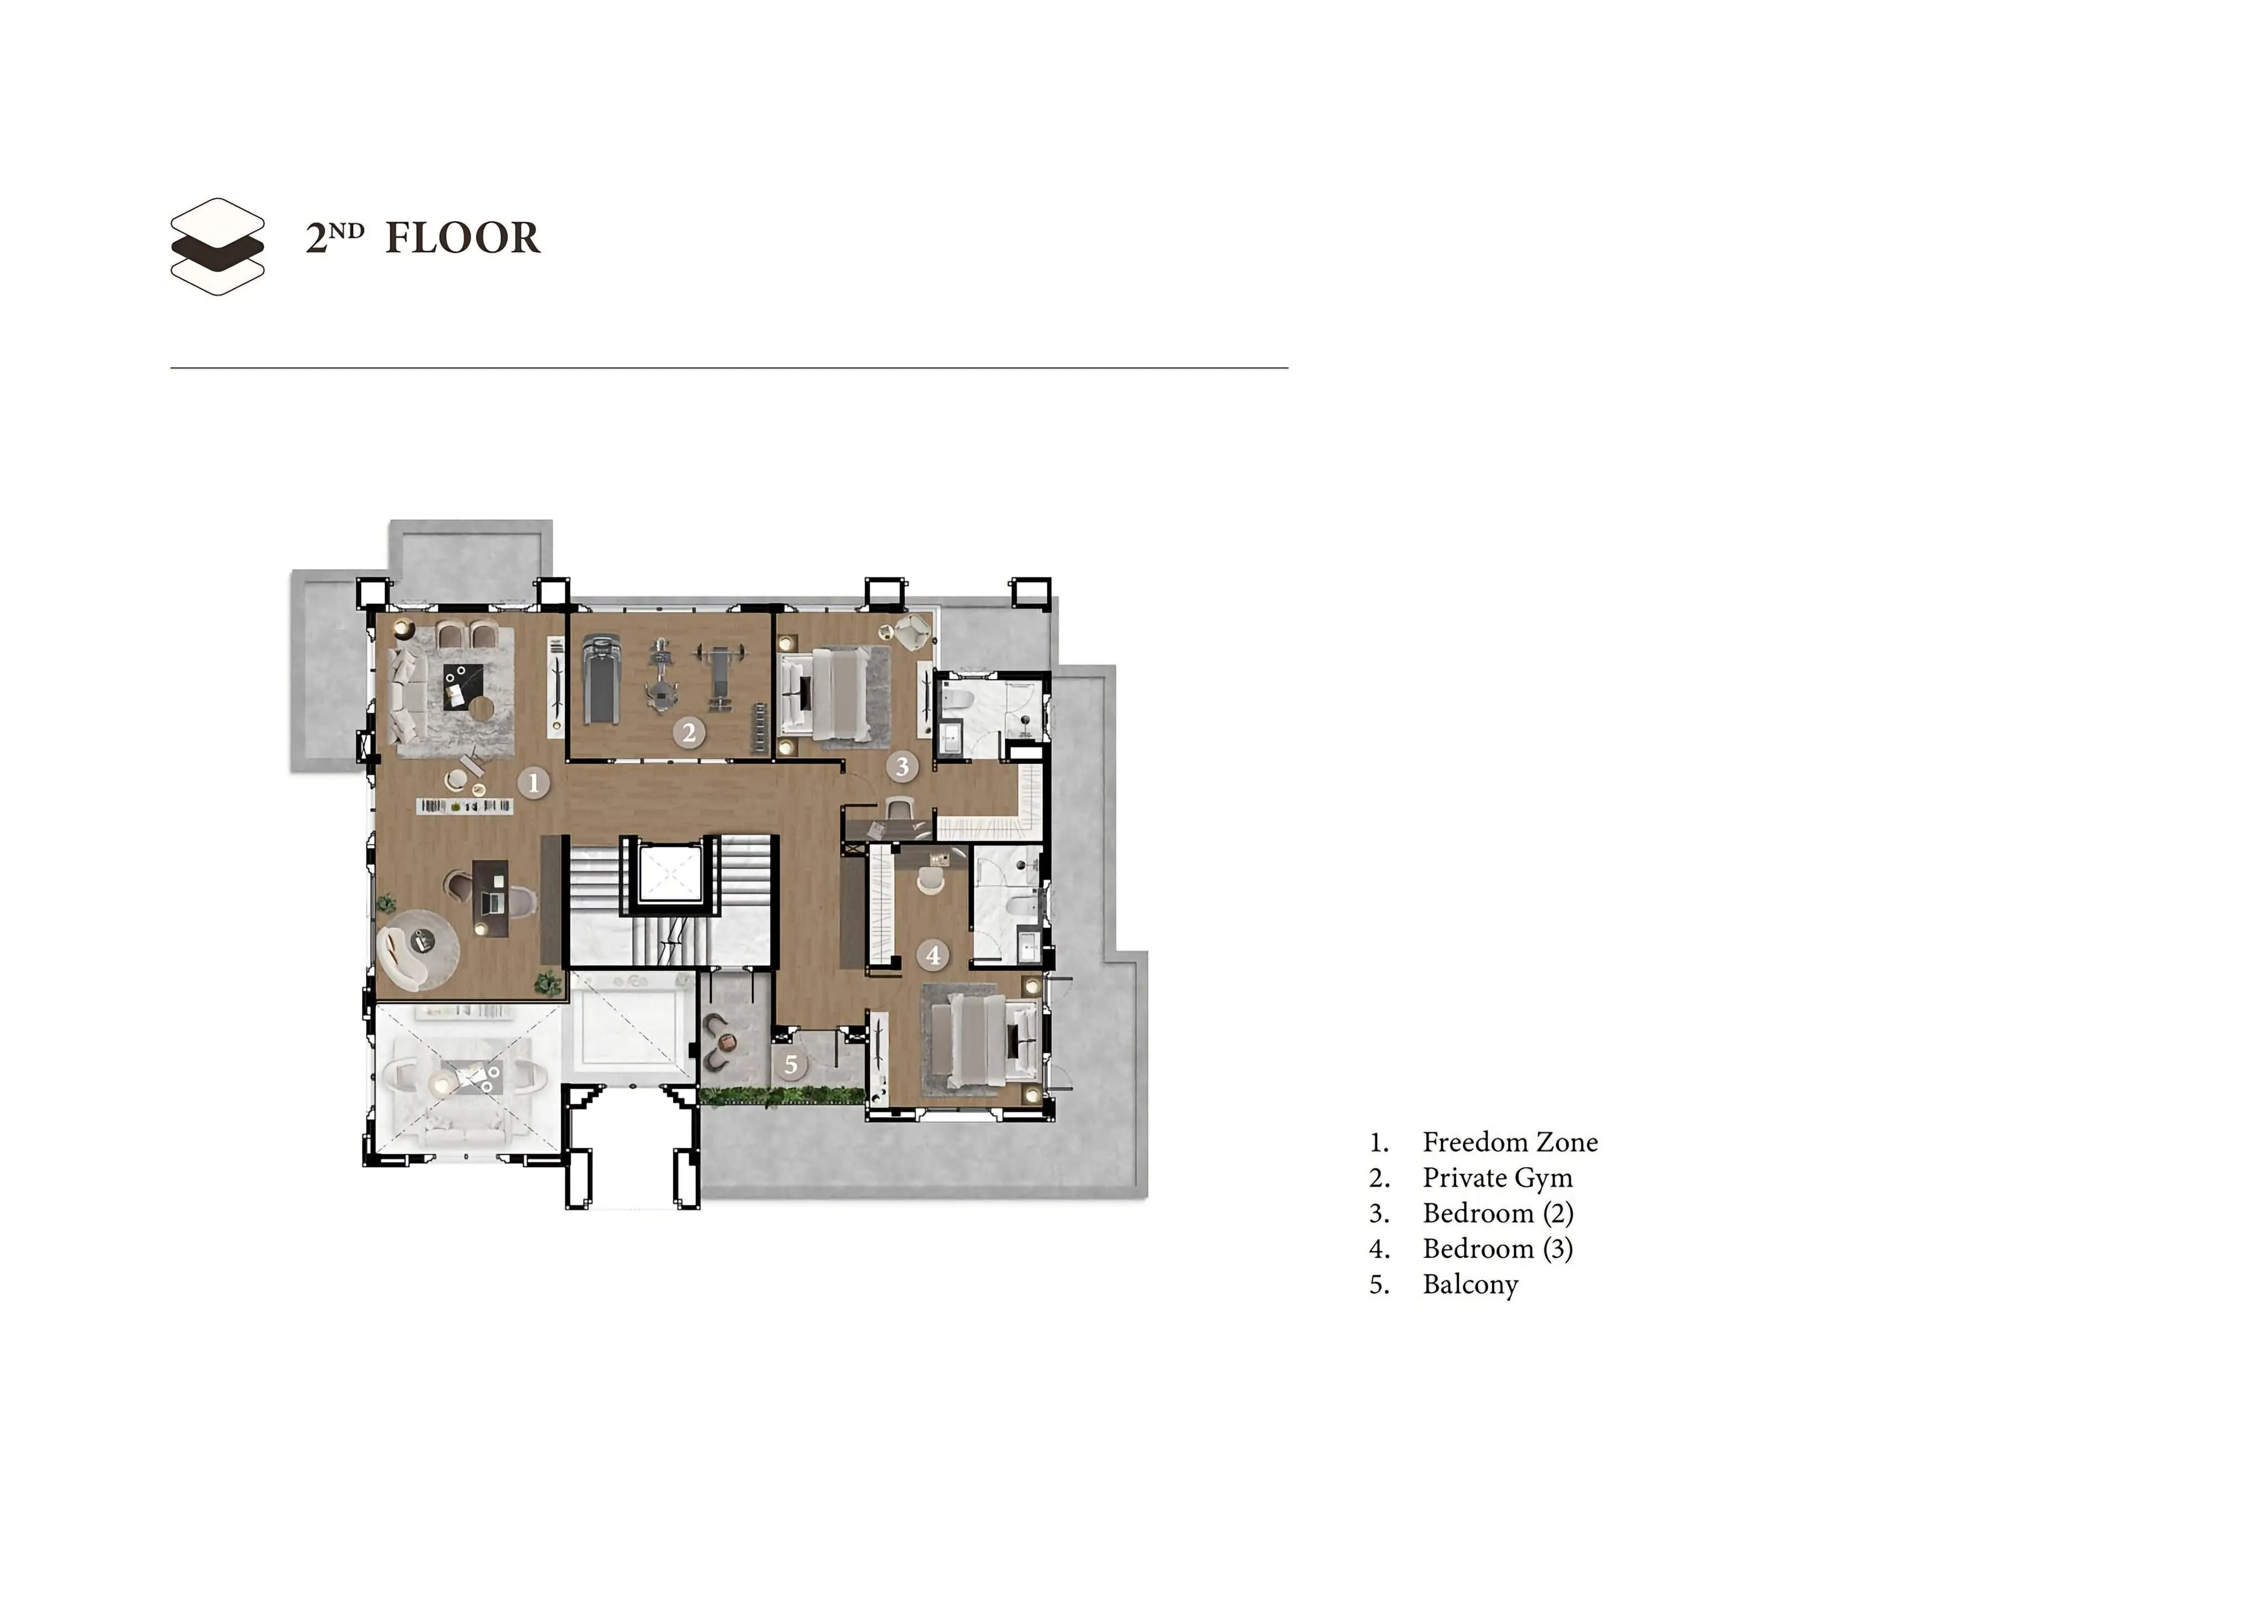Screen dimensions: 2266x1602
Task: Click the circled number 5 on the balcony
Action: (791, 1065)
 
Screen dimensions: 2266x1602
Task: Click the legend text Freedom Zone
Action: (1510, 1142)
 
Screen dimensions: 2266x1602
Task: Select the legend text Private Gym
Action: (1497, 1178)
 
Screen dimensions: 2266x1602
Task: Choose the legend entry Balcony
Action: (1469, 1284)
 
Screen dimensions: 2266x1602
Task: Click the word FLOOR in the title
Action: (462, 238)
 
